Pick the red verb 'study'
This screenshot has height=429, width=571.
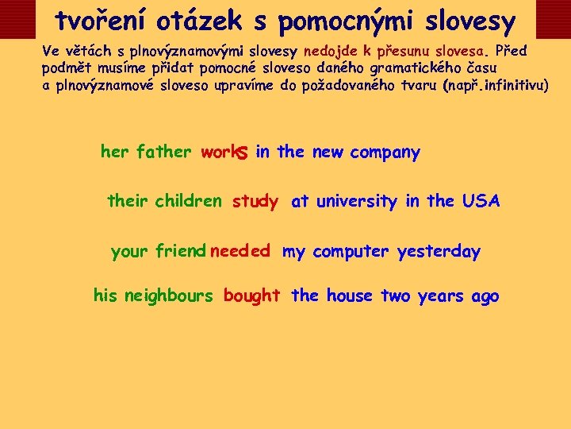coord(255,202)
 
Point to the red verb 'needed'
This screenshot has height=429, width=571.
coord(240,252)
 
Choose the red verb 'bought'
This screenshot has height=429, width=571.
coord(251,296)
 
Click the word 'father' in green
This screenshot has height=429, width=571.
coord(164,152)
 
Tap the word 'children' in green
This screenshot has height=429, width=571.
coord(189,201)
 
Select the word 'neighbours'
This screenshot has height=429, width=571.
coord(169,296)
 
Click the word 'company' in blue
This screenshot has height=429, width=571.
coord(385,153)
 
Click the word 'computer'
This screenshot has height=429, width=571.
coord(351,252)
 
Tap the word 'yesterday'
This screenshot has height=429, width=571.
coord(439,252)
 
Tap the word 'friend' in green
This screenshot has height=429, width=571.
coord(181,252)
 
